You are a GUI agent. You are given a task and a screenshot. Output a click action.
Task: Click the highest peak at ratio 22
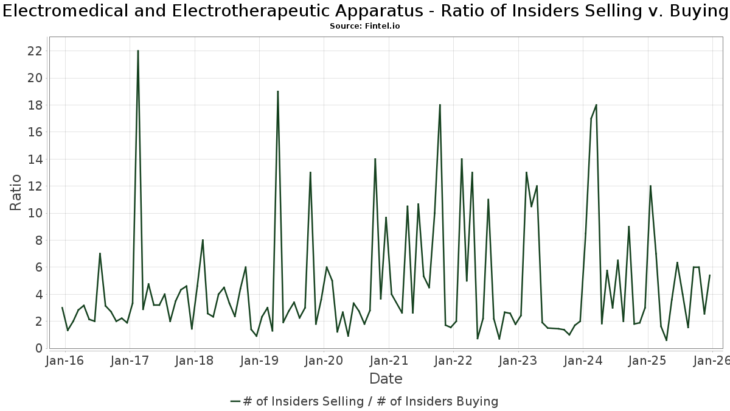(138, 51)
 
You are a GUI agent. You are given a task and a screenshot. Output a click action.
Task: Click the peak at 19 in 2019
(277, 91)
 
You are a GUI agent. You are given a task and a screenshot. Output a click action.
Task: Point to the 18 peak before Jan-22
(440, 105)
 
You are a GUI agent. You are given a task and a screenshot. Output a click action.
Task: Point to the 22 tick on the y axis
(35, 51)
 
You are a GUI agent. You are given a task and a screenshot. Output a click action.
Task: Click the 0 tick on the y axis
(38, 348)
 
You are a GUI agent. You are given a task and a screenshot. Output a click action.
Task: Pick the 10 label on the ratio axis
(35, 213)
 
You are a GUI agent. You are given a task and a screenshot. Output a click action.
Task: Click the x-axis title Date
(386, 379)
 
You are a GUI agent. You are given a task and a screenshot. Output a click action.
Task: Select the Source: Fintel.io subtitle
(365, 26)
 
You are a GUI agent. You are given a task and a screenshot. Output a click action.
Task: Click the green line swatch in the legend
(236, 401)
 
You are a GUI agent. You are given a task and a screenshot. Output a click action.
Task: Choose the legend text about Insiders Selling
(370, 401)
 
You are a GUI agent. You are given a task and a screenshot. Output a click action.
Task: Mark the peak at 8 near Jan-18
(203, 240)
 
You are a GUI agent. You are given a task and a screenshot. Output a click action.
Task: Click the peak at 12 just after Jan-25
(650, 186)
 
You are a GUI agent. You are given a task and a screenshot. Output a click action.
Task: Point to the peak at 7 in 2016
(100, 253)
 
